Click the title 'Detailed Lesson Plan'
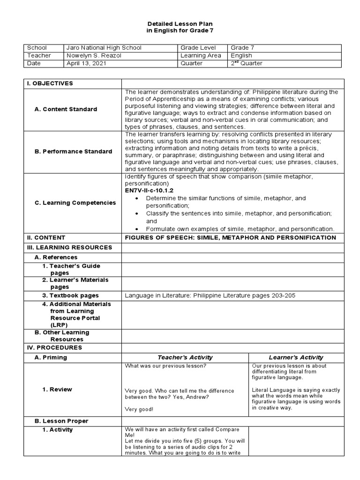pyautogui.click(x=180, y=23)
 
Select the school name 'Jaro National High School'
pyautogui.click(x=104, y=48)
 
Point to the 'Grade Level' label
pyautogui.click(x=198, y=48)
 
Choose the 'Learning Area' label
pyautogui.click(x=201, y=55)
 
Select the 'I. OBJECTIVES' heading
pyautogui.click(x=50, y=83)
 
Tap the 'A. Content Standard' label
pyautogui.click(x=66, y=109)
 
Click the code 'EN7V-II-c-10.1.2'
pyautogui.click(x=149, y=191)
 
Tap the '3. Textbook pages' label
pyautogui.click(x=70, y=295)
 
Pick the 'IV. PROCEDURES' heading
pyautogui.click(x=54, y=348)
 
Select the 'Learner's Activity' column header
pyautogui.click(x=296, y=357)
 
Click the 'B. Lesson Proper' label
pyautogui.click(x=61, y=421)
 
